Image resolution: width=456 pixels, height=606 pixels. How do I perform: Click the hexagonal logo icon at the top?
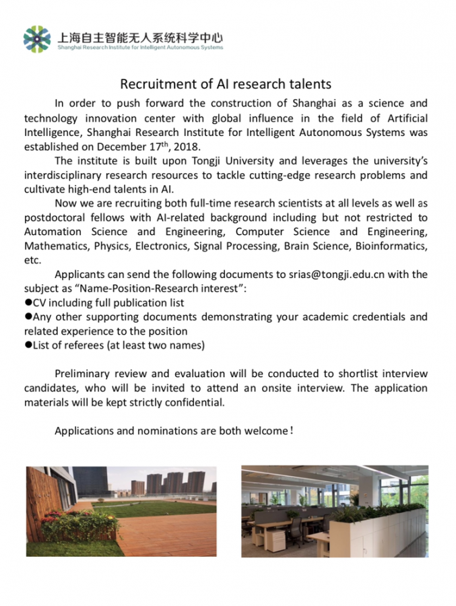click(37, 38)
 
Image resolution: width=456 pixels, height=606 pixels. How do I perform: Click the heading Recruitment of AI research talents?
click(226, 84)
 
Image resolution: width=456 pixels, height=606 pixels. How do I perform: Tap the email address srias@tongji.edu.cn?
click(336, 274)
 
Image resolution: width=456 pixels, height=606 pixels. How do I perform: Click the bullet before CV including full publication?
click(28, 302)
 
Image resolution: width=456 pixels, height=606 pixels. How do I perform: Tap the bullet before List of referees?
click(28, 345)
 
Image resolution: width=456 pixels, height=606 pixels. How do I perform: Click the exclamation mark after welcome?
click(291, 430)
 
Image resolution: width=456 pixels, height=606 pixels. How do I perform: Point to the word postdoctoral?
click(53, 217)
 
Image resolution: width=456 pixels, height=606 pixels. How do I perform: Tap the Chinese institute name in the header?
click(139, 38)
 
